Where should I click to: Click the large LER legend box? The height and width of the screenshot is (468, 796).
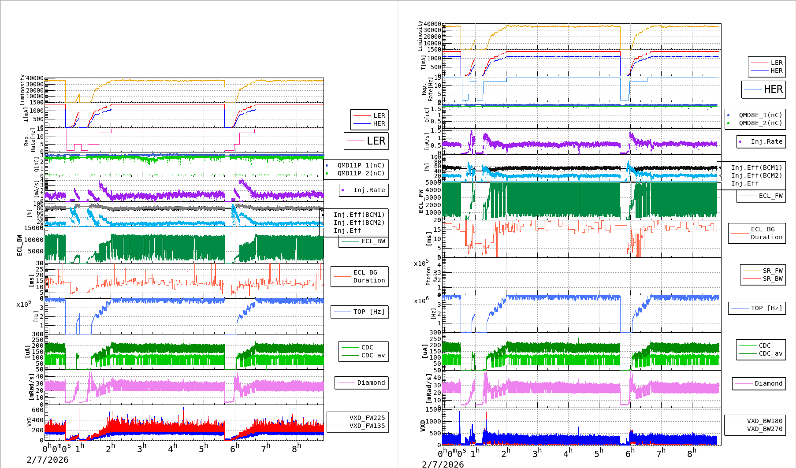[x=366, y=141]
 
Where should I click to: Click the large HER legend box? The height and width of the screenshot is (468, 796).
[x=764, y=89]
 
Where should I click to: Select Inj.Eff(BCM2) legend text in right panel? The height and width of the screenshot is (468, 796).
[x=756, y=175]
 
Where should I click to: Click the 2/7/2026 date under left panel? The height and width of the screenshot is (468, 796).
[x=48, y=460]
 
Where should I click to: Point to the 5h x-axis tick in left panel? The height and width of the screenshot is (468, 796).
[x=203, y=449]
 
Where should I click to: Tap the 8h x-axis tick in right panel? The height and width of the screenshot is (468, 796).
[x=692, y=453]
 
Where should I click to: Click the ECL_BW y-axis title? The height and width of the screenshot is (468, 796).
[x=19, y=245]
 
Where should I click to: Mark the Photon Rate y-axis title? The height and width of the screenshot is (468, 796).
[x=431, y=277]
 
